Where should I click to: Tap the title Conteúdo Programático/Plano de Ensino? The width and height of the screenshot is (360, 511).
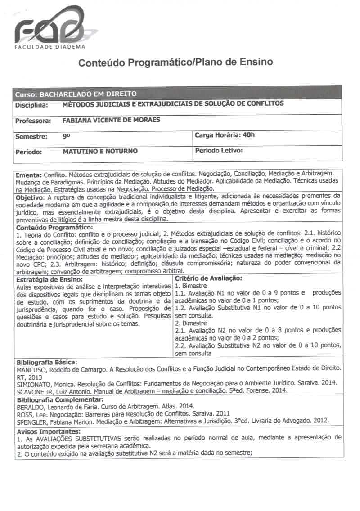pyautogui.click(x=176, y=63)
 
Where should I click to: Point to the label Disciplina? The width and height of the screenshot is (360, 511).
pyautogui.click(x=31, y=105)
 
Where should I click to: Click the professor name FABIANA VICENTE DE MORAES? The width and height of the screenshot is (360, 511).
pyautogui.click(x=112, y=120)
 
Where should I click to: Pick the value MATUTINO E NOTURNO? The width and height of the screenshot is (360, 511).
pyautogui.click(x=100, y=152)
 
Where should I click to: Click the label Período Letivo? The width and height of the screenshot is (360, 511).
pyautogui.click(x=219, y=151)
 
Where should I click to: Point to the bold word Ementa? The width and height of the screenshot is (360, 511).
pyautogui.click(x=29, y=174)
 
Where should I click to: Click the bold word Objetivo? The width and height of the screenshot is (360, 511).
pyautogui.click(x=30, y=197)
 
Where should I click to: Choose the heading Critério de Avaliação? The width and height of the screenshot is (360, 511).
pyautogui.click(x=209, y=278)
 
